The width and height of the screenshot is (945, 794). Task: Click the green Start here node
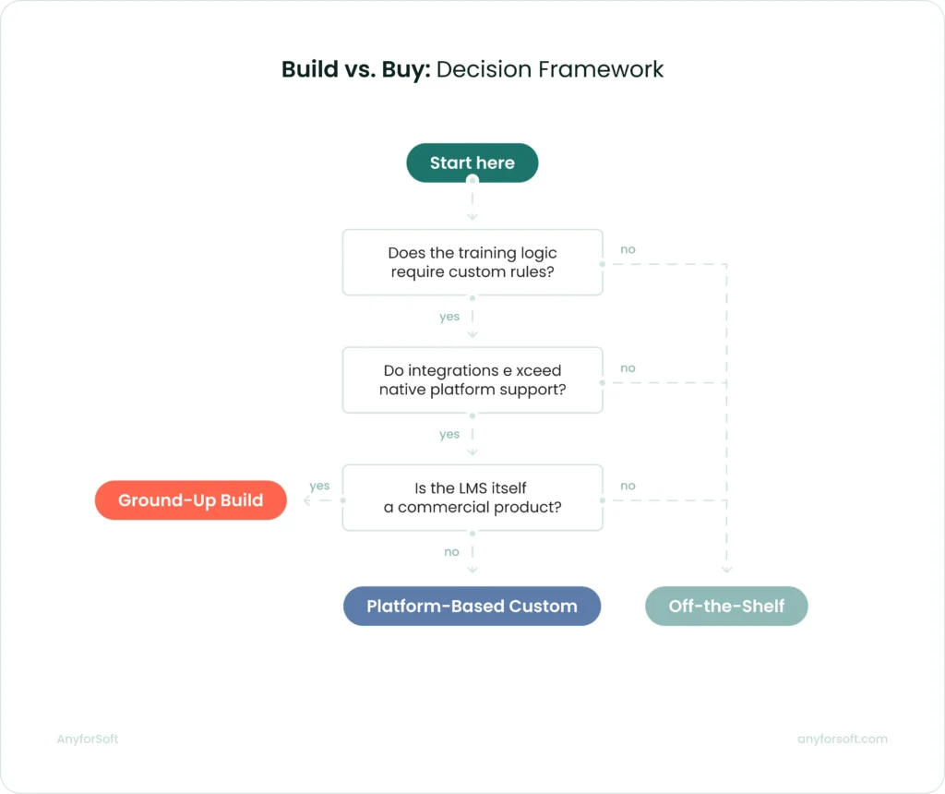472,163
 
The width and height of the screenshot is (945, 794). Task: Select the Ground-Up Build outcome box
191,500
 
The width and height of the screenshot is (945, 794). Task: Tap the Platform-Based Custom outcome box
472,607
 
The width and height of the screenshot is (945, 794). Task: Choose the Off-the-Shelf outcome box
726,607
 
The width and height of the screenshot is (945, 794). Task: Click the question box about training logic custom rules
472,262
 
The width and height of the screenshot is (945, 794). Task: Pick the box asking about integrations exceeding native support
472,379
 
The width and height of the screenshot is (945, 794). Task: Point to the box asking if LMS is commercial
472,498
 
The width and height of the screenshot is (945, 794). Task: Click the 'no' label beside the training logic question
628,249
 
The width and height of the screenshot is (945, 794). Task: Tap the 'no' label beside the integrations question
628,367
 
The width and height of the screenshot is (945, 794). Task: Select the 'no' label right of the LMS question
628,486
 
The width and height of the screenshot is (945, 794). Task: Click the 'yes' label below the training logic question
449,317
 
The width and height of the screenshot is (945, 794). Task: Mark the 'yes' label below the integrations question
449,434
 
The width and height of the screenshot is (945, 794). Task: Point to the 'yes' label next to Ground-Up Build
319,486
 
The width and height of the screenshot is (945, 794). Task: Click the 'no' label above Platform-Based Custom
451,552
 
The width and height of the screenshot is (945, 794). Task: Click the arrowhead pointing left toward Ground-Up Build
307,500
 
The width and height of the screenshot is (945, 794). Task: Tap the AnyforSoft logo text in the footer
87,739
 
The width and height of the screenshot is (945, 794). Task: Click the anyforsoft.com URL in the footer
842,739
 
